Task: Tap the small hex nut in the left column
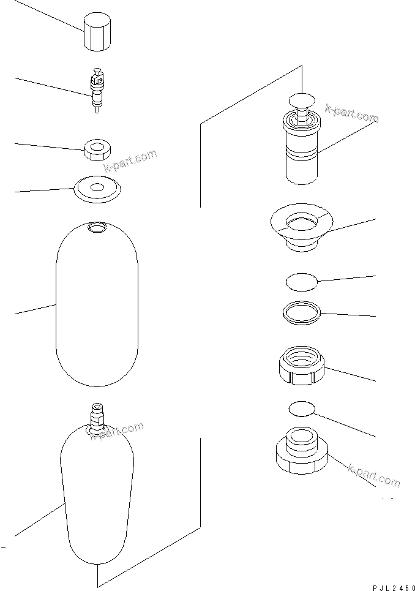[x=96, y=149]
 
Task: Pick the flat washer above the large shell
[x=96, y=188]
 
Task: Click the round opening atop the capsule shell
[x=96, y=228]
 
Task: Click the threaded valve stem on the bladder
[x=97, y=416]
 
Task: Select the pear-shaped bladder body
[x=97, y=496]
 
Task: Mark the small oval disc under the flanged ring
[x=302, y=282]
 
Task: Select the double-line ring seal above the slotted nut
[x=302, y=312]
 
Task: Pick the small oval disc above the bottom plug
[x=301, y=409]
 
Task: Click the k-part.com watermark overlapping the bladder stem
[x=117, y=431]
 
